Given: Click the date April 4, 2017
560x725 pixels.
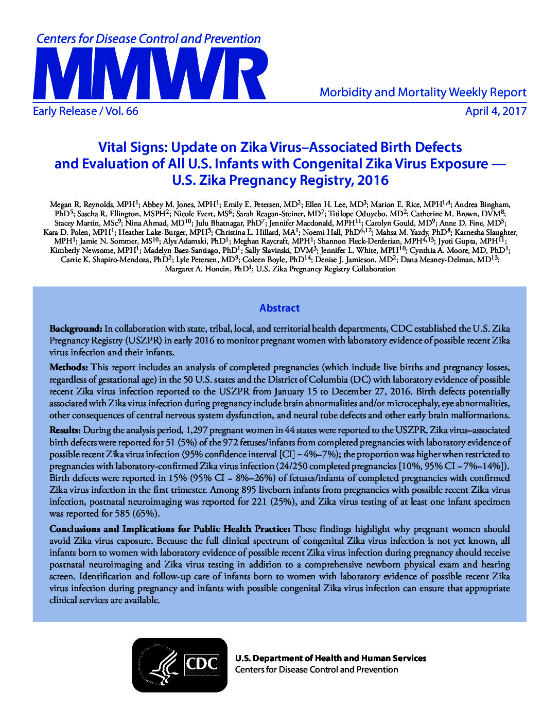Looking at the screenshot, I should [x=496, y=111].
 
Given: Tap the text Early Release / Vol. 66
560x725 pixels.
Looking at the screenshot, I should [x=85, y=111].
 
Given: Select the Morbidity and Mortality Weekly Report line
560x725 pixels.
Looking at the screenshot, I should [x=423, y=93].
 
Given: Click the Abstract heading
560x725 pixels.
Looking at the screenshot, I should [x=279, y=308].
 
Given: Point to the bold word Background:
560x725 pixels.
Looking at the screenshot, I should [x=76, y=329].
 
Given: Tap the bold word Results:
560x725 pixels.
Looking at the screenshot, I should [x=65, y=430].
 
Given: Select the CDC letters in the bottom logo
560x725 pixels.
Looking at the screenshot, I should [x=201, y=664].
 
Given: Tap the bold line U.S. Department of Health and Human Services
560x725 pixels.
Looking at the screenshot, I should [x=330, y=658].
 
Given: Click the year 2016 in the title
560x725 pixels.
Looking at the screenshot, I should [x=373, y=180].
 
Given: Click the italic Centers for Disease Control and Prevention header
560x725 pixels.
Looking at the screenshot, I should [x=148, y=39].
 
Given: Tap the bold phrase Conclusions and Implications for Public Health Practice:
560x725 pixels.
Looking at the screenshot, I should [x=170, y=529].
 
